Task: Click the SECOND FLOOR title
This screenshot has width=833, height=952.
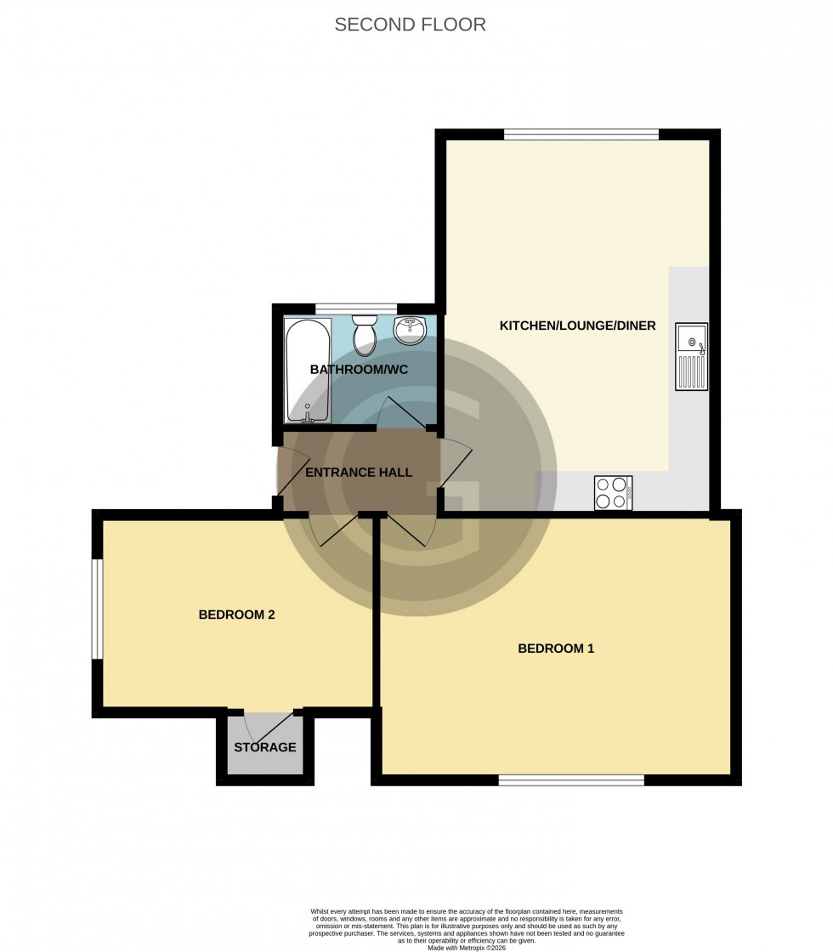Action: coord(410,25)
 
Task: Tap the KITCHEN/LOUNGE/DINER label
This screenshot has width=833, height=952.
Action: coord(577,326)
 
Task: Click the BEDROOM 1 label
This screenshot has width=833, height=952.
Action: coord(556,649)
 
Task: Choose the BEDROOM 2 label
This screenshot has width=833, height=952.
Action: coord(236,615)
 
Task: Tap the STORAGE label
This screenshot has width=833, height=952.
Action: coord(265,748)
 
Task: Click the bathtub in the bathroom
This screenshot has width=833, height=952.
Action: coord(308,371)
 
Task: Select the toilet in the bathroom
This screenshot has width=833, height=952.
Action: coord(365,334)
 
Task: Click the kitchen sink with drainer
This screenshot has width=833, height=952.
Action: coord(691,357)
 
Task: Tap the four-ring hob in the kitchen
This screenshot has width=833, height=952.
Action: coord(613,492)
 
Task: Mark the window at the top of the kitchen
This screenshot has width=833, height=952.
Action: coord(581,134)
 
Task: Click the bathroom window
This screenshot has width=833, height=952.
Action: coord(356,309)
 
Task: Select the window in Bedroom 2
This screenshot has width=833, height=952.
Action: coord(98,609)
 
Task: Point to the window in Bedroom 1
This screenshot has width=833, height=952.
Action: coord(571,779)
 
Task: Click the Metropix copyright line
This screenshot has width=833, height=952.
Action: coord(467,948)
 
